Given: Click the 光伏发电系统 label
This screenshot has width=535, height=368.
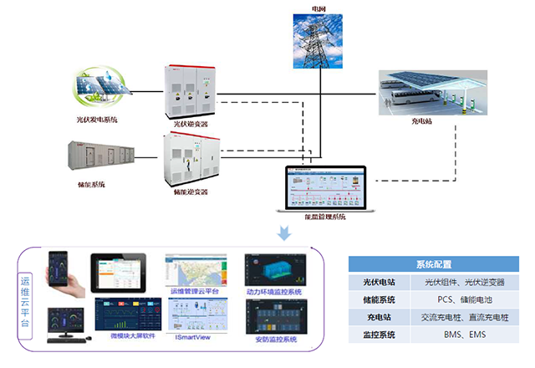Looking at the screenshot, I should [x=97, y=120].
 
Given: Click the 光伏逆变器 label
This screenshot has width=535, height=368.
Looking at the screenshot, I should [x=191, y=124].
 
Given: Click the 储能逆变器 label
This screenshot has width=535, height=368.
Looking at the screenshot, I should [x=191, y=192].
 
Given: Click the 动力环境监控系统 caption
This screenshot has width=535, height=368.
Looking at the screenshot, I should [x=274, y=292].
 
